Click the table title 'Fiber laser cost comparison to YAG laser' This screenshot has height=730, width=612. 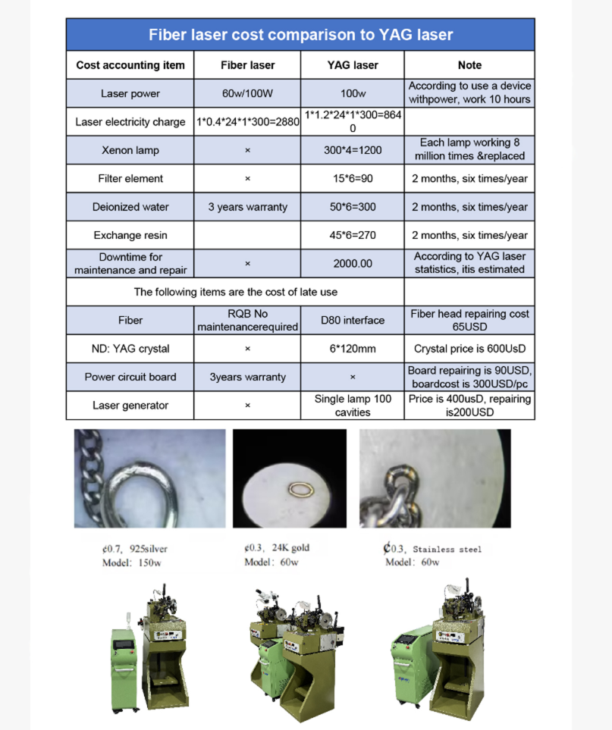pos(300,35)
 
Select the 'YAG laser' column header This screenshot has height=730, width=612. pos(353,65)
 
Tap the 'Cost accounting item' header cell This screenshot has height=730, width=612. pos(130,65)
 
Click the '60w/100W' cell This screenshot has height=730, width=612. pos(248,94)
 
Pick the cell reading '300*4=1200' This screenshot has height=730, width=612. pos(353,150)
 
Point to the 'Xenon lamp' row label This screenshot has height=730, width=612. pos(130,150)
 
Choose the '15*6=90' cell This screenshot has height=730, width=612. pos(353,179)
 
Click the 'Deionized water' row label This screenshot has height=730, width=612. pos(130,207)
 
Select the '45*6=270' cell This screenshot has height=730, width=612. pos(353,236)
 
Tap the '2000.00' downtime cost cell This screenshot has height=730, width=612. pos(353,263)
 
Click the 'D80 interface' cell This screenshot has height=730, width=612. pos(353,321)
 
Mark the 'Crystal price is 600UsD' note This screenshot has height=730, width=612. pos(469,349)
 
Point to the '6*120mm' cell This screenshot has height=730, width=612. pos(353,349)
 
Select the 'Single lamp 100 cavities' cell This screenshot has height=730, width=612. pos(353,405)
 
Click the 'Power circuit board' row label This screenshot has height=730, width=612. pos(130,377)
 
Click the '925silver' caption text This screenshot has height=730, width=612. pos(149,549)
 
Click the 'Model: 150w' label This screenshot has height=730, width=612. pos(132,562)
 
